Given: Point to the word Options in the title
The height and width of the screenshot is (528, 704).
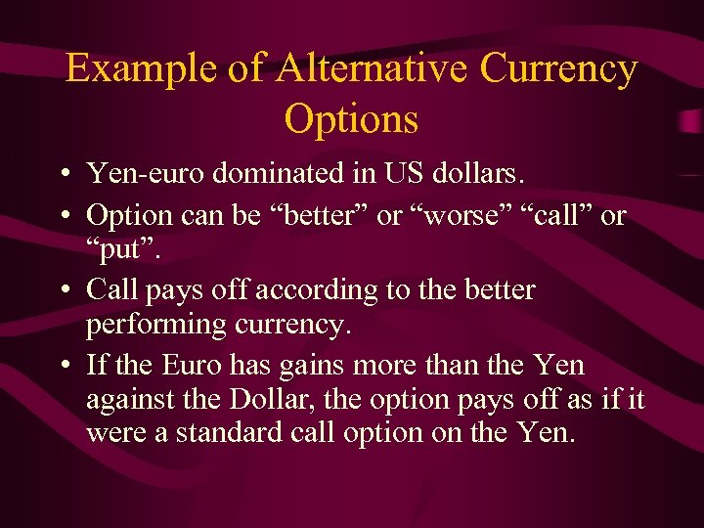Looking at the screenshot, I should (351, 119).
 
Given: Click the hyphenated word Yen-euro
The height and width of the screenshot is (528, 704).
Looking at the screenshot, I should (147, 174).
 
